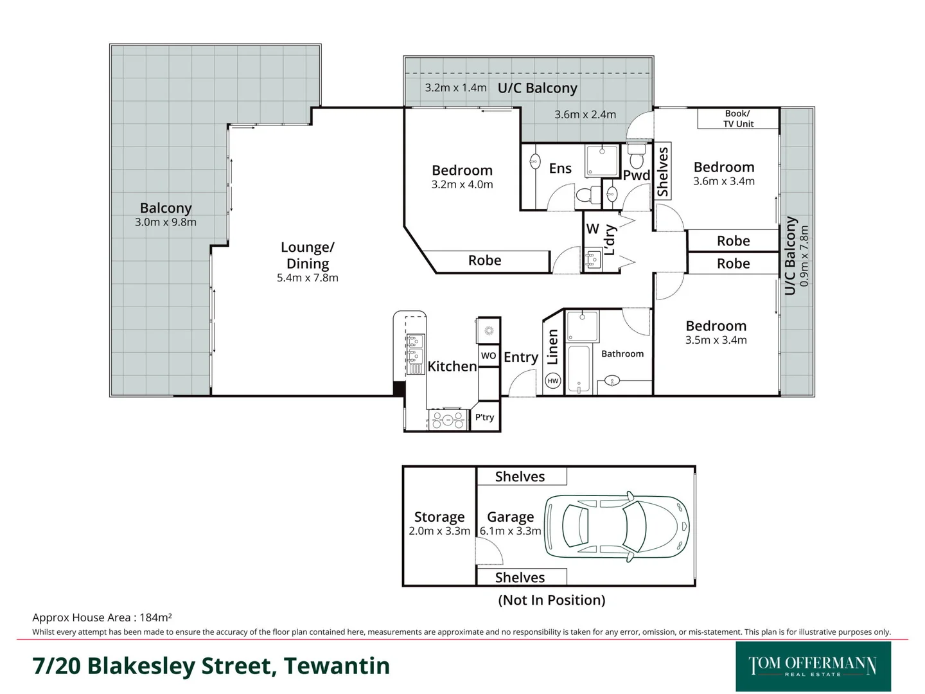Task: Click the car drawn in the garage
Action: coord(617,526)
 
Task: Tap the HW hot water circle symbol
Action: coord(552,381)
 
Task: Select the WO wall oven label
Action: coord(488,355)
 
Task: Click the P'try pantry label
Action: coord(485,418)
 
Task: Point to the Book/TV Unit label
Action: coord(738,119)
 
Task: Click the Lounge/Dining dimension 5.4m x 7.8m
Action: coord(307,278)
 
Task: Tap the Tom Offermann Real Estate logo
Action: coord(813,666)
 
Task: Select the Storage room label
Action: coord(439,517)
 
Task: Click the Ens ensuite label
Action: coord(560,168)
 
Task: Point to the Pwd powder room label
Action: coord(636,175)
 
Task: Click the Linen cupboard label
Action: coord(552,347)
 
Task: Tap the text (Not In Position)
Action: coord(552,600)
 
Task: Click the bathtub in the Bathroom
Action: coord(580,369)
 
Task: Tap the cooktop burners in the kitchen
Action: coord(448,420)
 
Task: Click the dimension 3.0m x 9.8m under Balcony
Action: coord(166,222)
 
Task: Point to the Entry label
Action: coord(520,357)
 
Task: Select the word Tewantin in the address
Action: coord(337,666)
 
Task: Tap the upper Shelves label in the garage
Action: coord(520,476)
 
